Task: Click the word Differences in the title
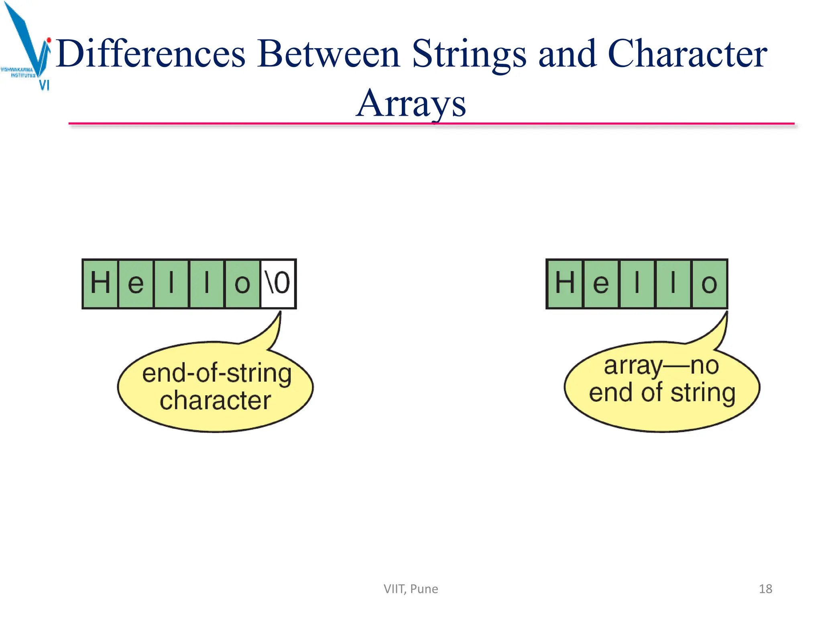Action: [x=151, y=54]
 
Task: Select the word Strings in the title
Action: [x=468, y=54]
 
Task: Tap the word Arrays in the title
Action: [x=411, y=104]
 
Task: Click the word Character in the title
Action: [x=687, y=54]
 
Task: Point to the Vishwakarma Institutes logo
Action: [x=26, y=46]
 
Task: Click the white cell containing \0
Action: [x=278, y=284]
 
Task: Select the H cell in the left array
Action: [x=100, y=284]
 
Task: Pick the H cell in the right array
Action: [x=565, y=284]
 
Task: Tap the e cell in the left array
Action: [x=136, y=284]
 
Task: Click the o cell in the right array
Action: [x=709, y=284]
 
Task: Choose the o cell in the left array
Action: [x=242, y=284]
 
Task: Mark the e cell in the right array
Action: [x=600, y=284]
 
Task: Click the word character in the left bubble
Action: [x=216, y=400]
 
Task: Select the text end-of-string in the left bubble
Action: [x=217, y=373]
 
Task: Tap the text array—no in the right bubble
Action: [x=661, y=366]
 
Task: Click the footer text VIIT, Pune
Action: [x=411, y=589]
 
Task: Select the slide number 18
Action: [x=765, y=589]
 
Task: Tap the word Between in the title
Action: [x=328, y=54]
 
